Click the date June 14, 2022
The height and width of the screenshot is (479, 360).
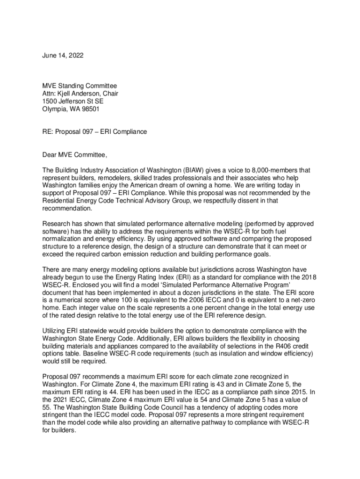click(63, 56)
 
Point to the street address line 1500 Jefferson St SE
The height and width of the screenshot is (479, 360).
click(73, 102)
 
